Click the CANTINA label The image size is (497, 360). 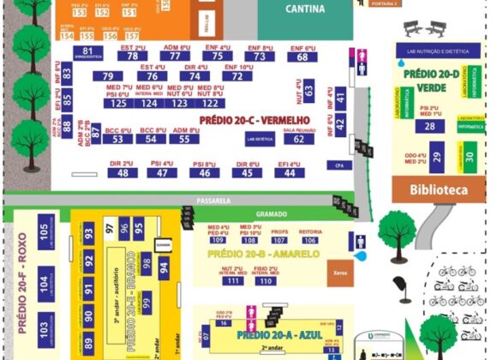tap(297, 9)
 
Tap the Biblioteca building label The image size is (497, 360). tap(438, 189)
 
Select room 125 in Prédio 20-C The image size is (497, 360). tap(119, 103)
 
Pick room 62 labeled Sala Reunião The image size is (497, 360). tap(298, 138)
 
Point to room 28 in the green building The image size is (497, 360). tap(428, 126)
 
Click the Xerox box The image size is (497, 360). tap(337, 273)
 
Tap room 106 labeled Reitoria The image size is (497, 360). tap(309, 240)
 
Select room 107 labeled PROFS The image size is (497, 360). tap(279, 240)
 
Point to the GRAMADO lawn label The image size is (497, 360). tap(270, 213)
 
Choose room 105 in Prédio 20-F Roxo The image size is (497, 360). tap(43, 231)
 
